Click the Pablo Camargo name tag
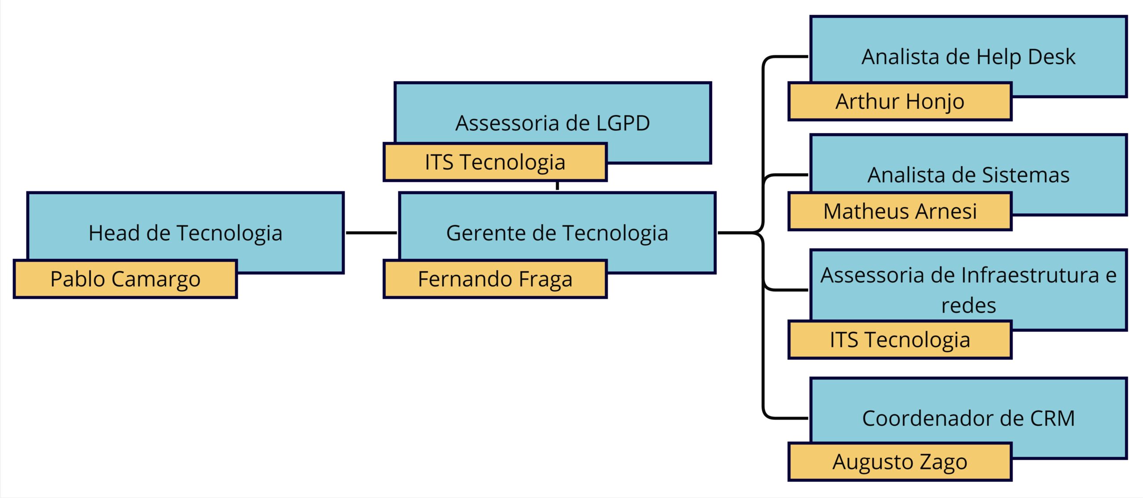tap(125, 279)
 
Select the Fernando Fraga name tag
tap(495, 279)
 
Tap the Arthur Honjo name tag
tap(900, 101)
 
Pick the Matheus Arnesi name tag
tap(900, 211)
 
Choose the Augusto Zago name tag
tap(900, 462)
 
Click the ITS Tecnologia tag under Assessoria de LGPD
tap(495, 162)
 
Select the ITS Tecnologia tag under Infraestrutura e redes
tap(900, 340)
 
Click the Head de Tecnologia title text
tap(185, 233)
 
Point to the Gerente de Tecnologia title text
tap(557, 233)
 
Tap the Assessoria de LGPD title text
tap(552, 123)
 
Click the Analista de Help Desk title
tap(968, 57)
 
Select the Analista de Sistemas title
tap(968, 175)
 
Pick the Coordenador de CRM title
tap(968, 419)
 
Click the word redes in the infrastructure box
tap(968, 306)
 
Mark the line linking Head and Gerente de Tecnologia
tap(371, 232)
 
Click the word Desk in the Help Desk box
tap(1051, 57)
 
